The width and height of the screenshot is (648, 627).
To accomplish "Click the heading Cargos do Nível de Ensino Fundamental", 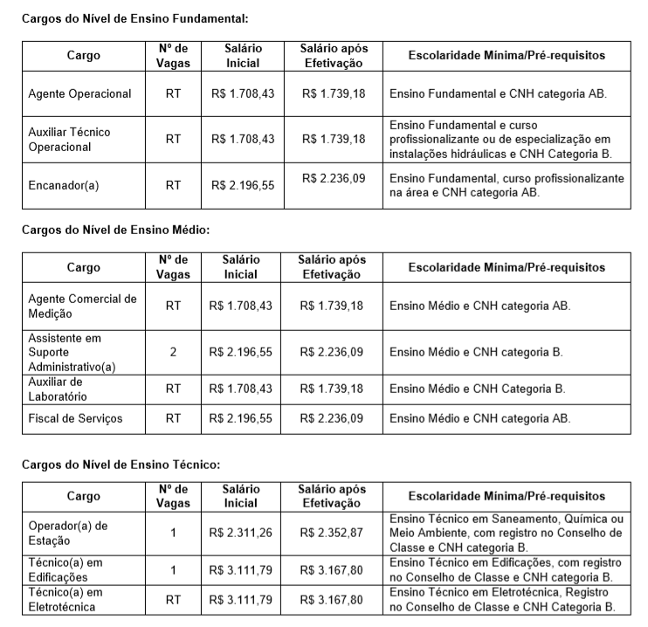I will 122,17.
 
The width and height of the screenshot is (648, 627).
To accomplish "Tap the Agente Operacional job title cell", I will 79,93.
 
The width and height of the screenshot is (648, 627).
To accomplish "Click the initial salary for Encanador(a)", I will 242,185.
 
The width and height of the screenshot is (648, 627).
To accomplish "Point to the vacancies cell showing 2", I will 173,352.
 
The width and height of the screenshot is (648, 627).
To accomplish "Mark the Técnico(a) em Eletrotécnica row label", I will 65,600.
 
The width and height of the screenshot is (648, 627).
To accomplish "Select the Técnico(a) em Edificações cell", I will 65,570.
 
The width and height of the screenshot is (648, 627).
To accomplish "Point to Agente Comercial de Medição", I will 82,306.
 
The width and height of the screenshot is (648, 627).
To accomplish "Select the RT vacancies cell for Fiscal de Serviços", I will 173,418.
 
